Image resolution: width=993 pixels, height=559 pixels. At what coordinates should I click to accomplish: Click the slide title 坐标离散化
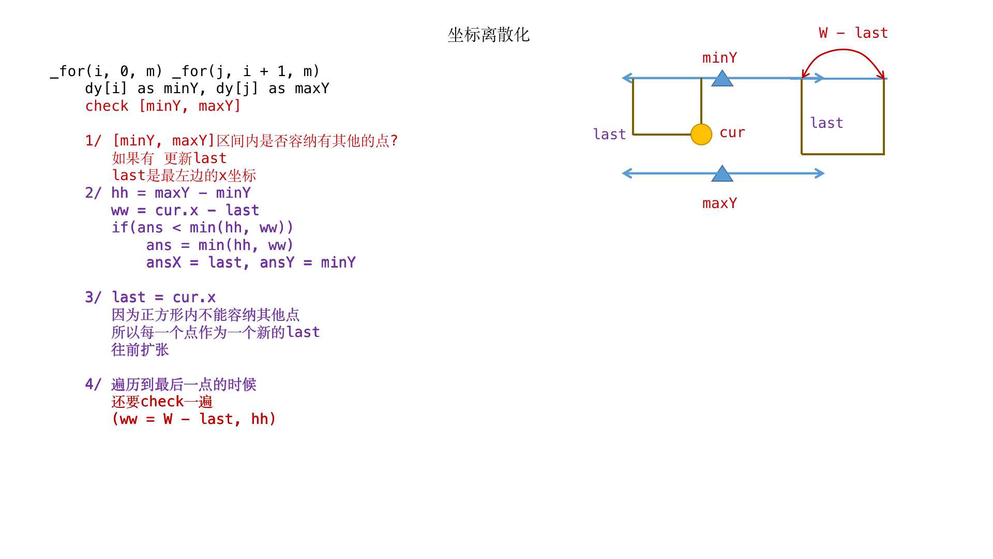coord(488,35)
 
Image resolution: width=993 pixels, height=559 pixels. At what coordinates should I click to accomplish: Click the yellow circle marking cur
coord(701,135)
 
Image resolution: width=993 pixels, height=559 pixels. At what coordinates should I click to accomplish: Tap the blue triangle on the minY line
coord(722,78)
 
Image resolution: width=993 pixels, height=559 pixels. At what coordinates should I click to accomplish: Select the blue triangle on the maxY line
coord(722,173)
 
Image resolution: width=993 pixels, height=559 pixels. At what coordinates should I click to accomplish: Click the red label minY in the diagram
coord(719,57)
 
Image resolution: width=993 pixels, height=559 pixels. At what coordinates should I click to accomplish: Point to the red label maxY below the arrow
coord(719,203)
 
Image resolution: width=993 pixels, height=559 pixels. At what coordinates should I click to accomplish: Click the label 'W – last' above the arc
coord(853,33)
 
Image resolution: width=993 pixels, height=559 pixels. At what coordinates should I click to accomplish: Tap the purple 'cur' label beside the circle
coord(732,133)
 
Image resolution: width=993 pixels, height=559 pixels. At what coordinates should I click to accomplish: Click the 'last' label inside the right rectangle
coord(826,123)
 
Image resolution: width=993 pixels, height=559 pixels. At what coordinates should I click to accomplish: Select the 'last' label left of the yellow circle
coord(609,134)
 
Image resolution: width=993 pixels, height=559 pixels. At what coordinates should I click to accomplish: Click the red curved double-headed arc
coord(843,50)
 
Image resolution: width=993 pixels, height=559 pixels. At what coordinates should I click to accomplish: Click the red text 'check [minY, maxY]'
coord(163,106)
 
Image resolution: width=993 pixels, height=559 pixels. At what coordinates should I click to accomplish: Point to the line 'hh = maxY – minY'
coord(181,193)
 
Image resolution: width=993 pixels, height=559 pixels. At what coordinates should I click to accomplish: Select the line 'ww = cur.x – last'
coord(185,211)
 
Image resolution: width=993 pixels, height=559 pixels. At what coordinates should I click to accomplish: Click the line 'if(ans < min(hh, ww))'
coord(203,228)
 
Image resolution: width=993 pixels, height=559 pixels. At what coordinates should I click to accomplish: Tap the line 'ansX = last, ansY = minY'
coord(251,262)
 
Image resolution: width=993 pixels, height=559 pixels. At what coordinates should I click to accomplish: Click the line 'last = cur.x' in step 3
coord(163,298)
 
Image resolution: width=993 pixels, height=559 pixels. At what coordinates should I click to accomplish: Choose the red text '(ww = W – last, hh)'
coord(194,419)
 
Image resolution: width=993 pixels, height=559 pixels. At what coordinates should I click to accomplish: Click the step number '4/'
coord(93,384)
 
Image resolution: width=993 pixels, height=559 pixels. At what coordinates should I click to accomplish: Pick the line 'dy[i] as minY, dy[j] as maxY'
coord(207,89)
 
